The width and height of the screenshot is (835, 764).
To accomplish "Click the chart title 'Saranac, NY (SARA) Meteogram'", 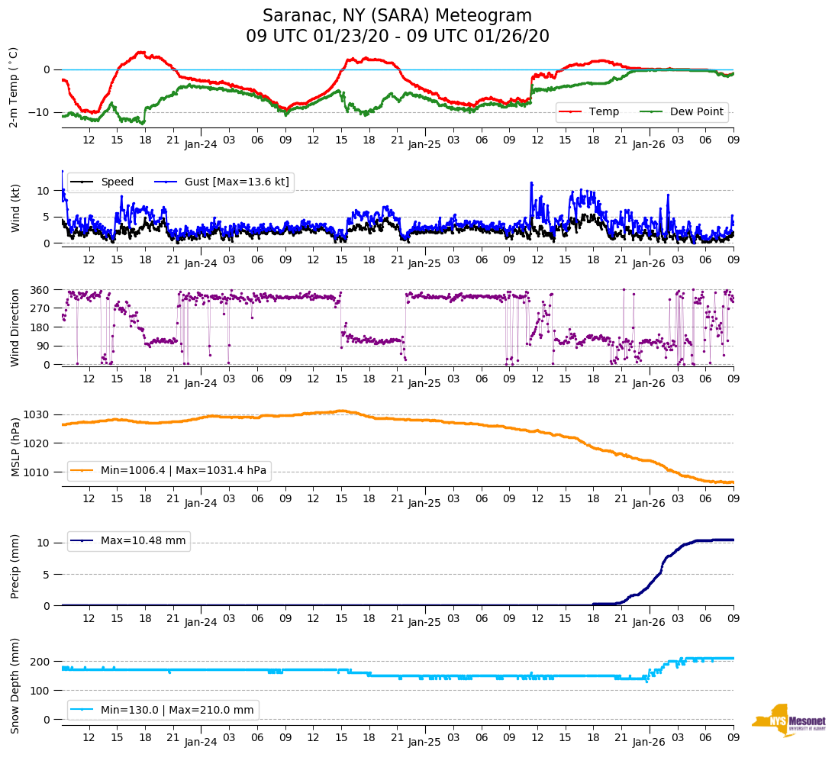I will [x=397, y=16].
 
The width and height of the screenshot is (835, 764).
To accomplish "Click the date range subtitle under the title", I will [x=397, y=37].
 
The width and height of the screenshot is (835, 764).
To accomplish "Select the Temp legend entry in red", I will [x=604, y=111].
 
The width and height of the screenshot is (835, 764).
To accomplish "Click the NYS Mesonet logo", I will [x=788, y=720].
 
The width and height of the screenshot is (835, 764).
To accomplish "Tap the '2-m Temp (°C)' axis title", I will [x=13, y=87].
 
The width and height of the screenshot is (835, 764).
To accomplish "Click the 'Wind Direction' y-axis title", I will [x=15, y=327].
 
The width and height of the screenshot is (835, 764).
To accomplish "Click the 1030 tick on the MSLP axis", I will [x=38, y=414].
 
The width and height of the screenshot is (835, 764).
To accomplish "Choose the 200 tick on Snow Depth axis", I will [x=41, y=661].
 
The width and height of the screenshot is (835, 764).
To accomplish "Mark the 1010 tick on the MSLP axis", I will [x=38, y=472].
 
